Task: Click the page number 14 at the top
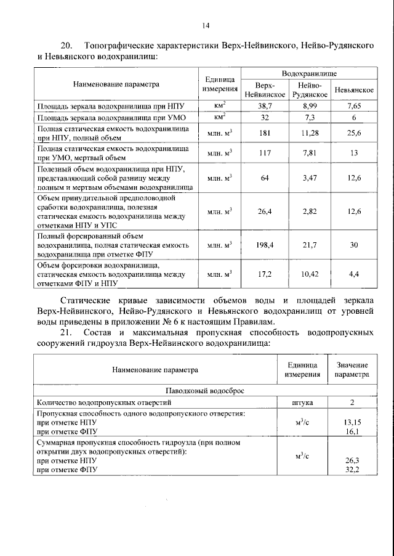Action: pos(206,25)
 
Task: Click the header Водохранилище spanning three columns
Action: pos(309,73)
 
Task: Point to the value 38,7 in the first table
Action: pos(264,106)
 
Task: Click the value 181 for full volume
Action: pos(264,133)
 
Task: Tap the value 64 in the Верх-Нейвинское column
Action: pos(264,178)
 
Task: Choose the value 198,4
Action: pos(264,245)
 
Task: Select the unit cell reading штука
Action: pos(302,403)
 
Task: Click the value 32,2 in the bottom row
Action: pos(352,469)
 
